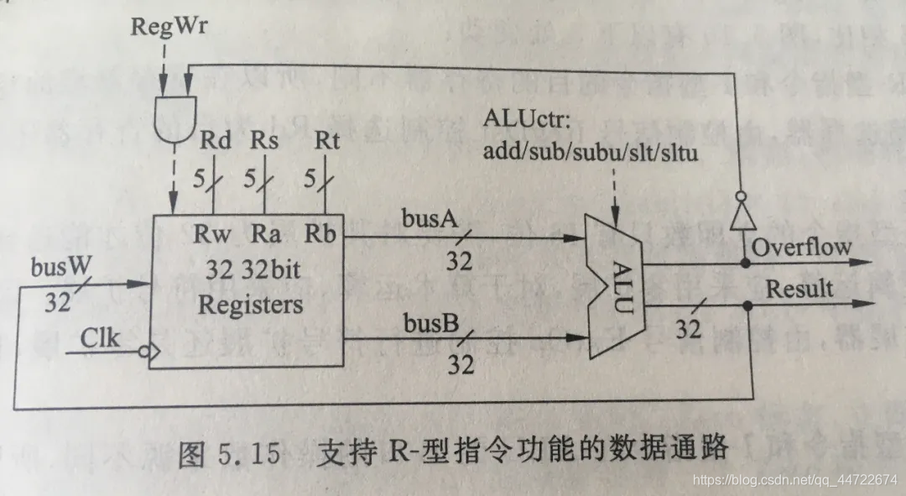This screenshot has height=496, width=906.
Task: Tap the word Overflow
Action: point(801,247)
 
